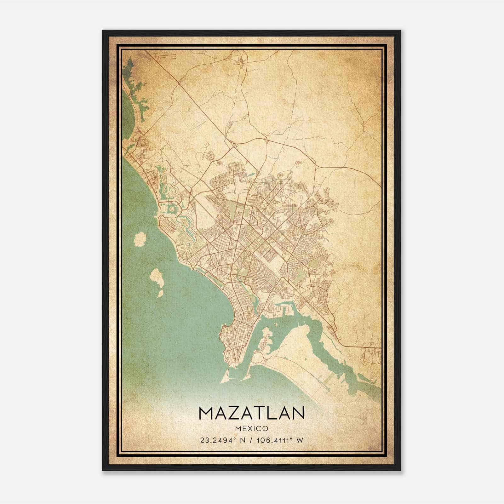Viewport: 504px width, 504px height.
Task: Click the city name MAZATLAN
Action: point(251,413)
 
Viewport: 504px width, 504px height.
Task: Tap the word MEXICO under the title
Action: point(251,428)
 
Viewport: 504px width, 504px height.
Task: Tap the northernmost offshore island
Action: point(139,239)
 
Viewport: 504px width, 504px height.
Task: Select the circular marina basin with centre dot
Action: point(172,209)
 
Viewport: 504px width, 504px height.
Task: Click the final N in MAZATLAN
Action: point(297,413)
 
